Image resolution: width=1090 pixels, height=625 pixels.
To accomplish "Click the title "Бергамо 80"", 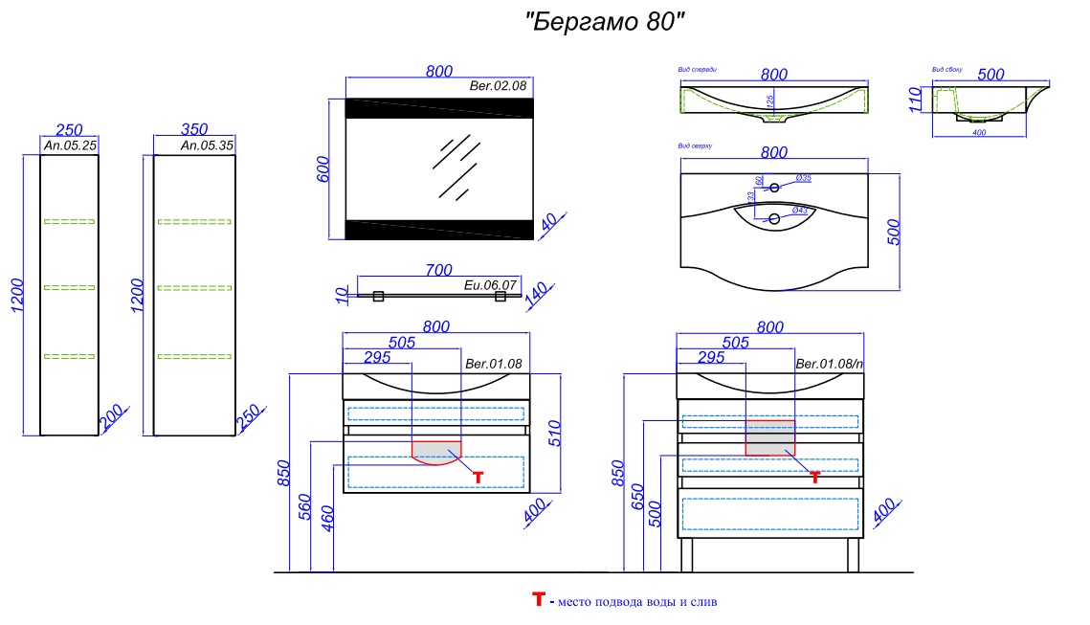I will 606,23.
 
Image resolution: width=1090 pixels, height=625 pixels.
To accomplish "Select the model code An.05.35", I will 207,146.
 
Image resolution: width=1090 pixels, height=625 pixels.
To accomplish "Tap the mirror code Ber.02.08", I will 499,86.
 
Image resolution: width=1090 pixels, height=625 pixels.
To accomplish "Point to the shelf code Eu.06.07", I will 490,285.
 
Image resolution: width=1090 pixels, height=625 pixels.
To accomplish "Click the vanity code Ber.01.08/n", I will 830,364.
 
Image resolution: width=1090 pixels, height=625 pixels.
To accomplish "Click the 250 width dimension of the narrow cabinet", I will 69,130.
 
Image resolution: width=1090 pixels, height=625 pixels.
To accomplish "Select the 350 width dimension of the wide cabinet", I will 194,130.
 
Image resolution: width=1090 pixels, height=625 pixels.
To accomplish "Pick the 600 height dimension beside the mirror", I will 323,169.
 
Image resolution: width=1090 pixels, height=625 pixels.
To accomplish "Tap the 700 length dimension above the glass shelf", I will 437,271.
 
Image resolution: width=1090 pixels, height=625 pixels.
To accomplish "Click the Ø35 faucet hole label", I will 804,179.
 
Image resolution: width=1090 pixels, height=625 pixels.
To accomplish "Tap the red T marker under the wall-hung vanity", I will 478,477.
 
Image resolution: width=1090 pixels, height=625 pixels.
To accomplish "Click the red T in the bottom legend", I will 538,600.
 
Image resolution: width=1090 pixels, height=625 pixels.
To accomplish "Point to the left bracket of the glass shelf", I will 378,297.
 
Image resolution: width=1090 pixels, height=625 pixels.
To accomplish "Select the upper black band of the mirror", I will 436,107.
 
